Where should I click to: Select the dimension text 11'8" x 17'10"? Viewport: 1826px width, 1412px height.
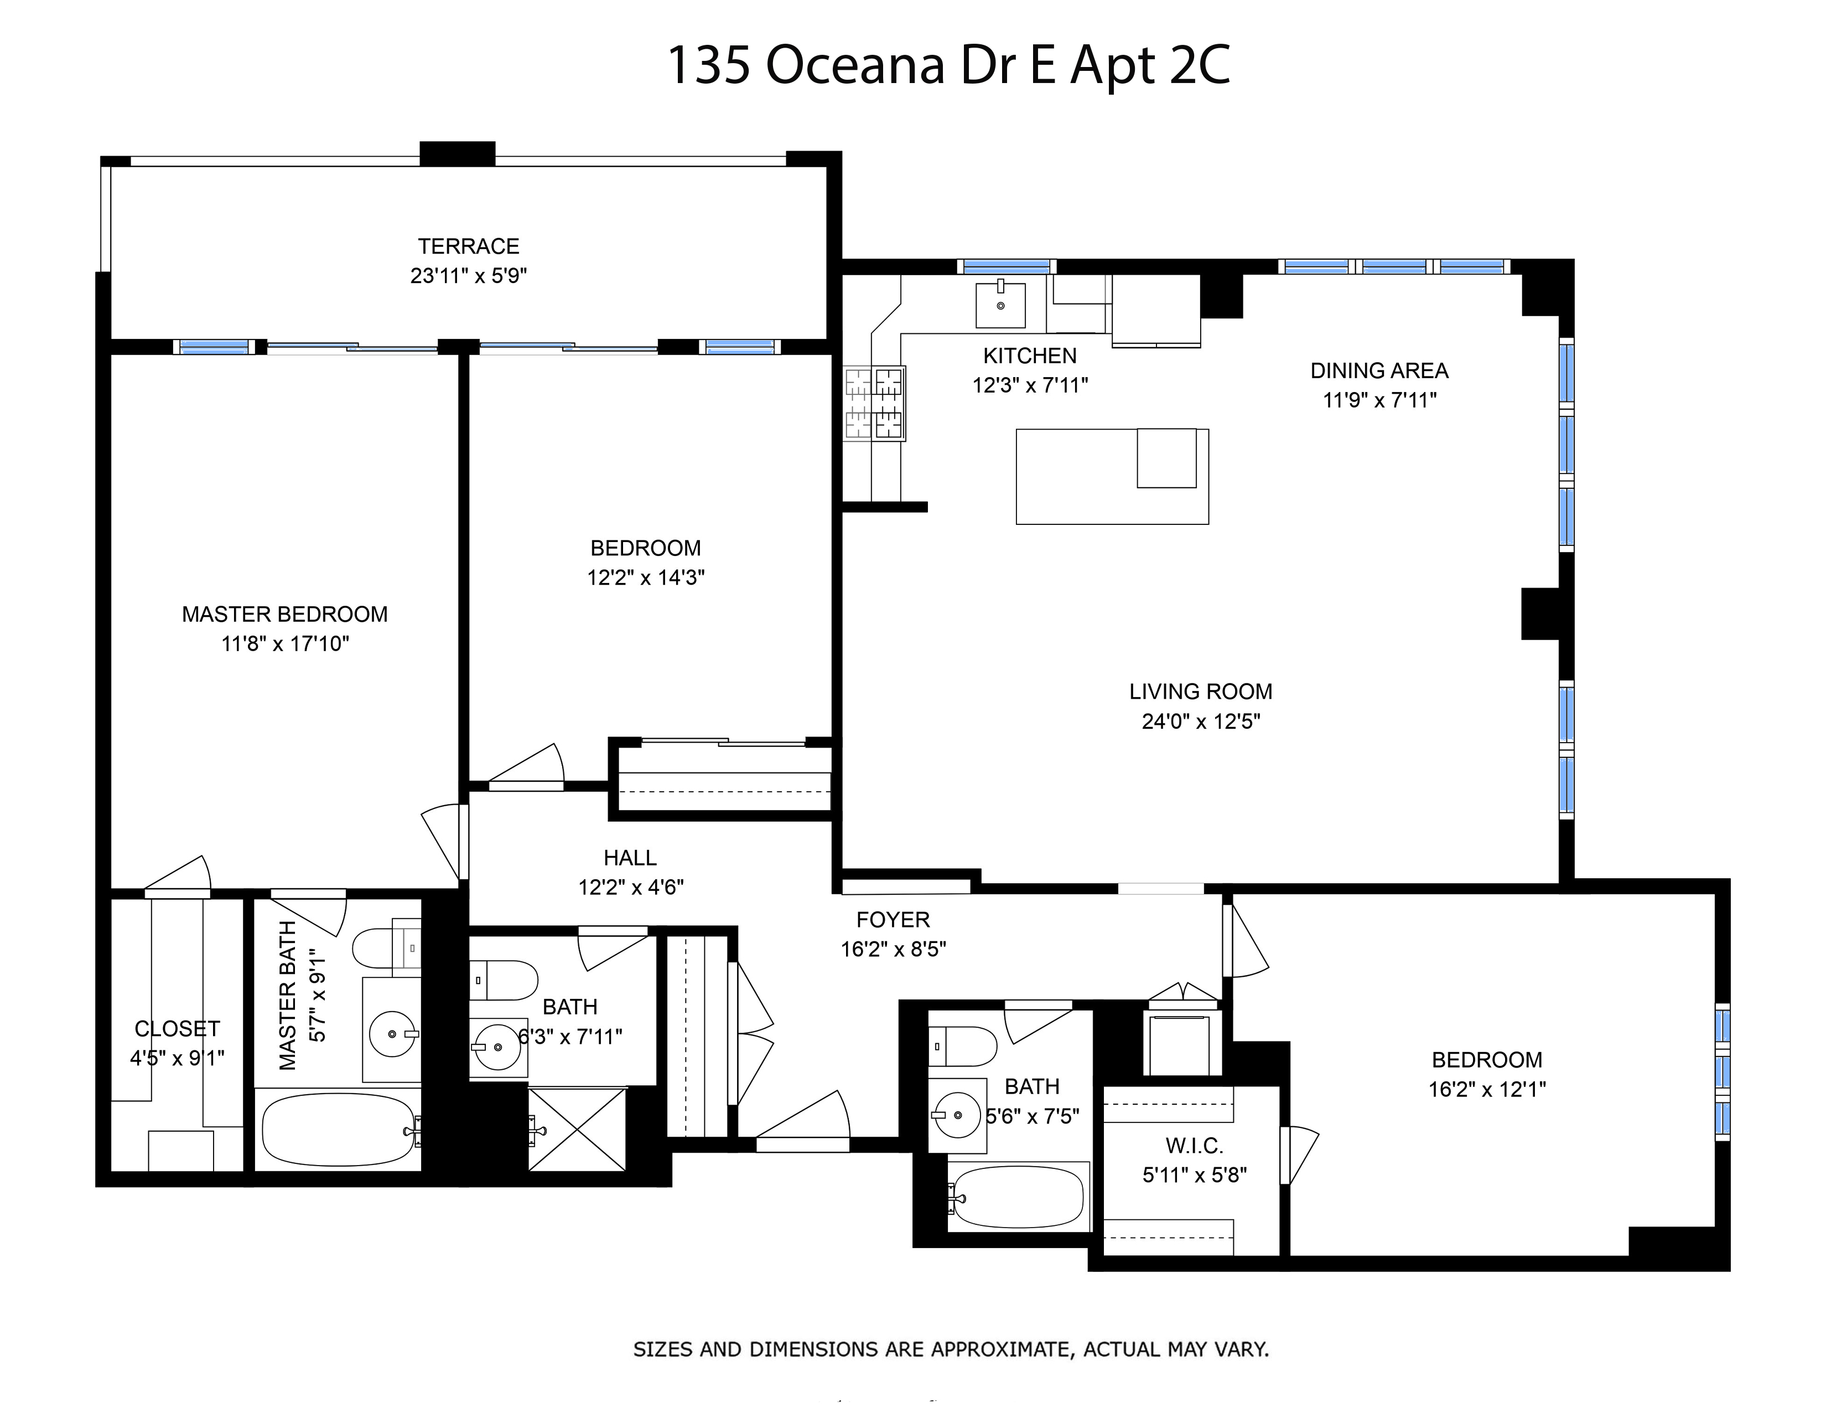285,643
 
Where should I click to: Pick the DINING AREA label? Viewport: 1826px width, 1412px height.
1379,370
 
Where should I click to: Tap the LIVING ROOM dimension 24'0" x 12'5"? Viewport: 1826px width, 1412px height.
1201,721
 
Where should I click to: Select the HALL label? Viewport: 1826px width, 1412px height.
630,857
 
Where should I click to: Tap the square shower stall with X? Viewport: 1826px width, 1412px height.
577,1129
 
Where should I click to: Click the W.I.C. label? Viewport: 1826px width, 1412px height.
1194,1146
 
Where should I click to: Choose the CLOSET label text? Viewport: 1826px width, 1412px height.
177,1029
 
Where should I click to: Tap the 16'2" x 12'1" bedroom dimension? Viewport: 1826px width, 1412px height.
1487,1089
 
